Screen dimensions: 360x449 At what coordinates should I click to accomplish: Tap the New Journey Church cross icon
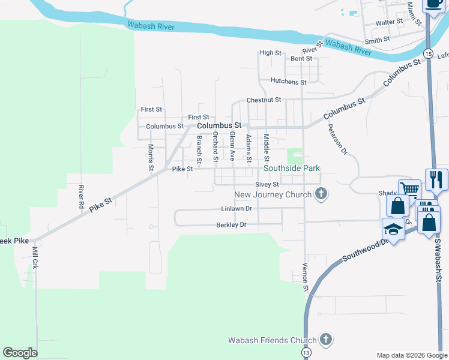click(x=322, y=194)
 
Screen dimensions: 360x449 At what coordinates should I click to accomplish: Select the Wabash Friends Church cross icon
click(x=326, y=340)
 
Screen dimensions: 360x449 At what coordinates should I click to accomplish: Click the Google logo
click(x=20, y=352)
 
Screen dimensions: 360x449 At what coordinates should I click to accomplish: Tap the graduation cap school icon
click(x=393, y=229)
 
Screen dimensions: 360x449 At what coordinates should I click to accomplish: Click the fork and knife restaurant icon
click(x=436, y=179)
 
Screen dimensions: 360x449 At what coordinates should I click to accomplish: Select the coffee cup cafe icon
click(x=433, y=3)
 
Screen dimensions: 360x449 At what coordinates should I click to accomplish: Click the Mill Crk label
click(x=35, y=257)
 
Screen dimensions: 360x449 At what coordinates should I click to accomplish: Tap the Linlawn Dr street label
click(x=236, y=209)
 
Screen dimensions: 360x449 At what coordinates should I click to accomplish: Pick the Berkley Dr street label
click(x=232, y=225)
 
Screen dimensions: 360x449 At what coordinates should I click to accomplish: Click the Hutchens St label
click(x=289, y=81)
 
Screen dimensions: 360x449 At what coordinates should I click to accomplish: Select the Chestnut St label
click(x=264, y=100)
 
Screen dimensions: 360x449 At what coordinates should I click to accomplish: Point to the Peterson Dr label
click(x=337, y=140)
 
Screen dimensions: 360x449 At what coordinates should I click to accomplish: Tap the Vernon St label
click(x=305, y=277)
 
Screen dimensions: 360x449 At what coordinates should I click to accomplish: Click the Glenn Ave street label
click(x=232, y=147)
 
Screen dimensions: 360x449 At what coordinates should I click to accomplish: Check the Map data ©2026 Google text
click(x=411, y=355)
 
